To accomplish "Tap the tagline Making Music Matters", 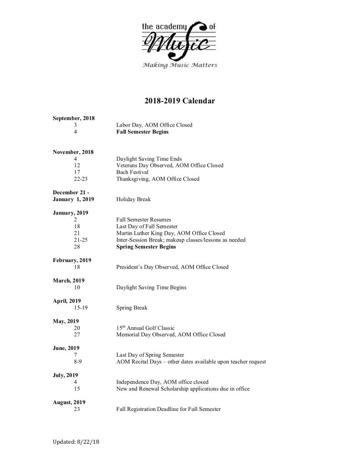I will click(180, 65).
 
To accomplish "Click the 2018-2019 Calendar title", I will click(180, 101).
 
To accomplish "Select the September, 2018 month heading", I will click(74, 118).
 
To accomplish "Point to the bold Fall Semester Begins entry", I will click(142, 132).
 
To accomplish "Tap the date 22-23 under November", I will click(75, 179).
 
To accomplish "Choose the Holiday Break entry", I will click(133, 199).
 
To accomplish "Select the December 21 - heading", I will click(71, 192).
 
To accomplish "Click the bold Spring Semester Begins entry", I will click(146, 247).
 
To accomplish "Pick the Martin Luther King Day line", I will click(170, 233).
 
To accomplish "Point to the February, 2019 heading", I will click(72, 260).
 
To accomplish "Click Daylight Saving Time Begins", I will click(151, 288).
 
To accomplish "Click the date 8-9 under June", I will click(75, 362).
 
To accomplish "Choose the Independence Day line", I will click(162, 382).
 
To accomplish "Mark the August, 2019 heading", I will click(69, 403).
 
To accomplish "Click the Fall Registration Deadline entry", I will click(168, 410).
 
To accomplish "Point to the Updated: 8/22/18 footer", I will click(76, 442).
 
